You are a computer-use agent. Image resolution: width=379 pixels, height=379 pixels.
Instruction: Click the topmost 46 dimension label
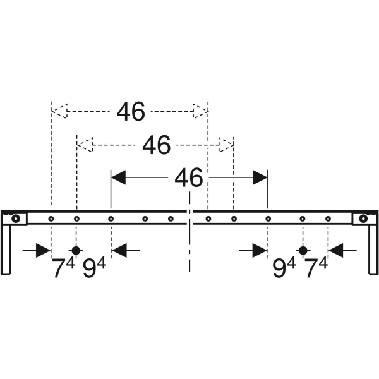click(131, 111)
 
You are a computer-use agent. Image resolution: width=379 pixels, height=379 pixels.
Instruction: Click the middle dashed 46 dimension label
click(157, 145)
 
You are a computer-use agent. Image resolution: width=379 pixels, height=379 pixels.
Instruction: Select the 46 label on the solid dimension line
click(188, 177)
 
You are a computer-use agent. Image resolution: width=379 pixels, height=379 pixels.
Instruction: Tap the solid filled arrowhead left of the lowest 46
click(118, 177)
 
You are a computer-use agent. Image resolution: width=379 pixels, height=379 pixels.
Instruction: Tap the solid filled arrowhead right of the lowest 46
click(260, 177)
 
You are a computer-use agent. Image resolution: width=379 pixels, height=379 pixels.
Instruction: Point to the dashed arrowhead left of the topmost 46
click(59, 111)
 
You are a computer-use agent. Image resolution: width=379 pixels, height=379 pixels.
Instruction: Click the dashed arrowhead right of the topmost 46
click(200, 111)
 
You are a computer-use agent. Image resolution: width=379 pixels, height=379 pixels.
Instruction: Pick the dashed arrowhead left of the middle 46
click(85, 145)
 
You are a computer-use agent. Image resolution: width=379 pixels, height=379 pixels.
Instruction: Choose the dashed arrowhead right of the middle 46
click(226, 145)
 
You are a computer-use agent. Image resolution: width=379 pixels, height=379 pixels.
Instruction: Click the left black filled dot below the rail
click(76, 251)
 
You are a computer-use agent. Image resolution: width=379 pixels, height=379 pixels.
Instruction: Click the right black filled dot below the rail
click(303, 251)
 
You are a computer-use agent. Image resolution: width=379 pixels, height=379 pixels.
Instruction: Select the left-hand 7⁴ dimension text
click(64, 267)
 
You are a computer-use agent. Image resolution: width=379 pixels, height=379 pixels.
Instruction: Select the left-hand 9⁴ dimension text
click(94, 267)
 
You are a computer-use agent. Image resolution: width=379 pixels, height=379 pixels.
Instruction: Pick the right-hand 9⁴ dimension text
click(284, 267)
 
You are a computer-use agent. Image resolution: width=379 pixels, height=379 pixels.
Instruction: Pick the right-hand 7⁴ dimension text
click(316, 267)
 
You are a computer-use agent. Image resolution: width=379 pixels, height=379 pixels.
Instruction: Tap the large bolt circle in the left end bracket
click(16, 219)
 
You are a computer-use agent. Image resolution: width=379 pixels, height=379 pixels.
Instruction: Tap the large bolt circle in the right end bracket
click(363, 219)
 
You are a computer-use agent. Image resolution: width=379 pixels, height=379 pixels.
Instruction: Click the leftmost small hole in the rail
click(51, 219)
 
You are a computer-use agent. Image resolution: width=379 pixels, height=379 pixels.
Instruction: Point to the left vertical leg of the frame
click(6, 250)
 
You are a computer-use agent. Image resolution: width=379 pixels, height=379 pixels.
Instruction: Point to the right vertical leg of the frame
click(373, 250)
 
